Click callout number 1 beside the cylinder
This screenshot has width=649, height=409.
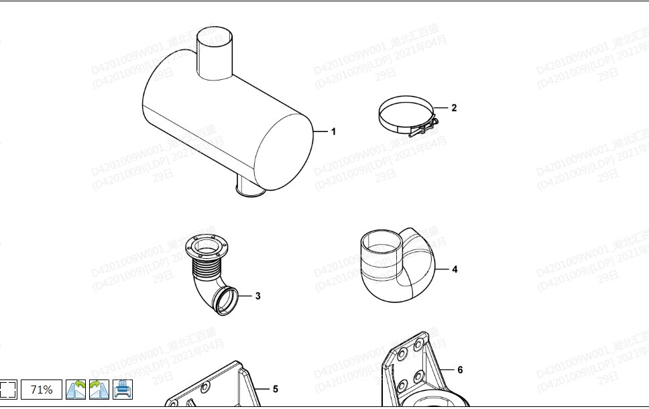(333, 131)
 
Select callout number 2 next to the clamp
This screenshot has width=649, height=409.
(454, 107)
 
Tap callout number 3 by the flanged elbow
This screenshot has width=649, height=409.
(257, 295)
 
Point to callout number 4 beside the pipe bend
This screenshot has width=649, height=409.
(455, 270)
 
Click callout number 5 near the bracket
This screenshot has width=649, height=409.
(275, 389)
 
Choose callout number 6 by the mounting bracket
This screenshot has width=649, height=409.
(460, 369)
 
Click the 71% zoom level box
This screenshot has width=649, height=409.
(42, 390)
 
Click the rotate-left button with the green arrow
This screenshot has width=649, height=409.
(76, 390)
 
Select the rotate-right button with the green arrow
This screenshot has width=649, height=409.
(99, 390)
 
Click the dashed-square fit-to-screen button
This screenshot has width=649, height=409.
(7, 390)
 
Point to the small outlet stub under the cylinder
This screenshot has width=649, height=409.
(250, 190)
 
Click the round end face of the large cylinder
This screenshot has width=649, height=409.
(285, 152)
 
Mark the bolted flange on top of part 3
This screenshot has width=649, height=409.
(206, 248)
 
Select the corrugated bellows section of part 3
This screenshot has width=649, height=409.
(205, 272)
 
